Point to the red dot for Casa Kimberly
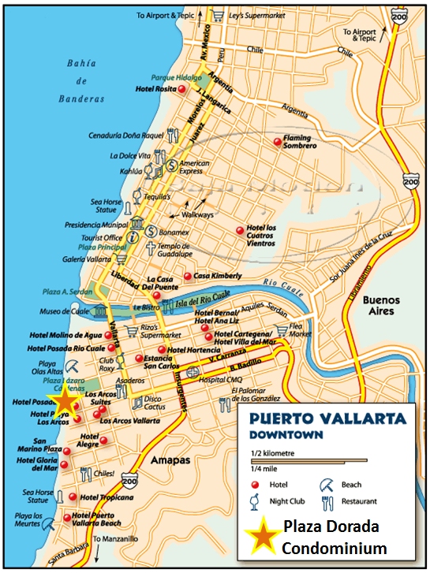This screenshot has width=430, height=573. [x=187, y=276]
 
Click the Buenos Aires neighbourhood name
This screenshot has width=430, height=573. [x=381, y=306]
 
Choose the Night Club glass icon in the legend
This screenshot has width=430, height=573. [x=255, y=501]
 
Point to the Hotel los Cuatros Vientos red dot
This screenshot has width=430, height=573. [x=240, y=230]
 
